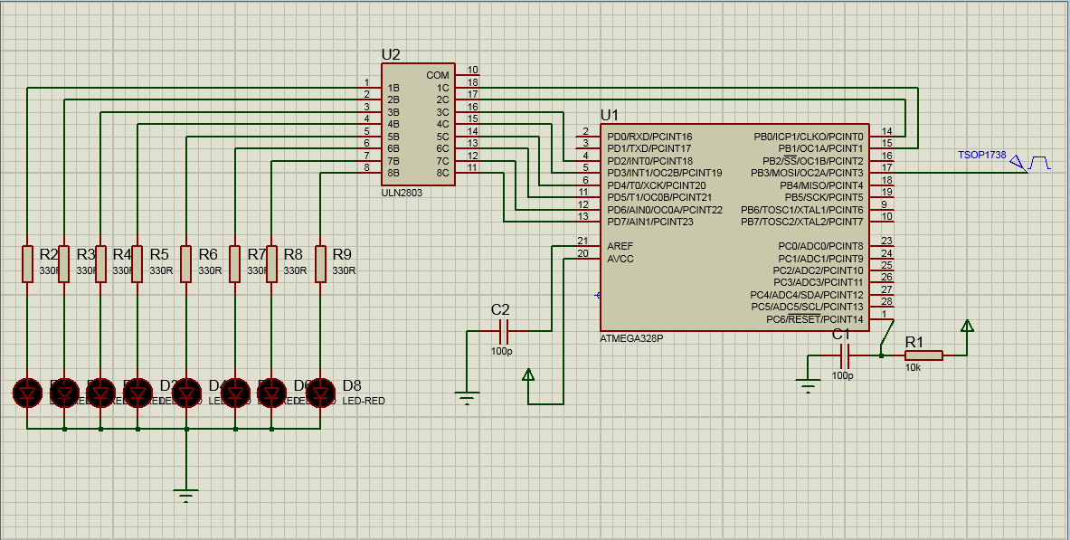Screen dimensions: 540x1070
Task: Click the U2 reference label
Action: (391, 54)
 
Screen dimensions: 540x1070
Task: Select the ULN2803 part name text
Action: (402, 193)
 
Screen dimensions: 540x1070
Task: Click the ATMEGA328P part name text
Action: (631, 338)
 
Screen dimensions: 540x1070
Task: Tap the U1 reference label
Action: (610, 115)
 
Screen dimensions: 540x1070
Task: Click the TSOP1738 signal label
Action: (981, 155)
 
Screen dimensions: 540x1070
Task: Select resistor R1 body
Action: (923, 355)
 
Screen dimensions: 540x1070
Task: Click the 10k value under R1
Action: (914, 367)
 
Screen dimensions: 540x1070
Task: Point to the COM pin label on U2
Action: (438, 75)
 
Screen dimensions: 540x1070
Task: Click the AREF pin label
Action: (620, 246)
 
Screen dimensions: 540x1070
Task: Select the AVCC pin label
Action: (620, 259)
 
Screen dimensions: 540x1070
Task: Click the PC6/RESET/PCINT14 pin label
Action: (814, 319)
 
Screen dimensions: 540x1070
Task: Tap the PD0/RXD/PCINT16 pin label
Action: (649, 137)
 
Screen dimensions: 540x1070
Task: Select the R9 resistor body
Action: (320, 263)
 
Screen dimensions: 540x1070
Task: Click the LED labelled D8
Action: (320, 393)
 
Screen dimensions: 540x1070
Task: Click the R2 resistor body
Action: (27, 263)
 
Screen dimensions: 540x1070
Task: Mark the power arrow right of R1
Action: (967, 326)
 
